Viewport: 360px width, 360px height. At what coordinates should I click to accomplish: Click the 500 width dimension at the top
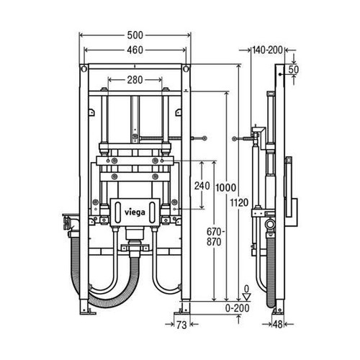point(137,35)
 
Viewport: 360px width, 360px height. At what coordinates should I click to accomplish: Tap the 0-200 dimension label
point(243,308)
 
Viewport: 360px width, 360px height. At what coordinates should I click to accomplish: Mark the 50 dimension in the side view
point(293,69)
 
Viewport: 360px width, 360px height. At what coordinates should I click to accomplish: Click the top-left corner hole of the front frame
point(86,70)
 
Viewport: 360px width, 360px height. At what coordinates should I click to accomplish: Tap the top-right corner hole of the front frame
point(188,70)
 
